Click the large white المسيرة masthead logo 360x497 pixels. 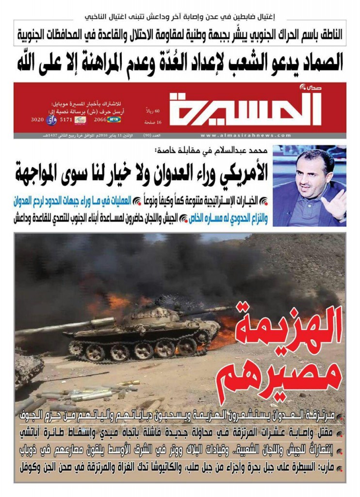point(245,108)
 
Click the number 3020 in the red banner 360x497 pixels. point(38,119)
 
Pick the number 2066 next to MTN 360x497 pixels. point(99,119)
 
